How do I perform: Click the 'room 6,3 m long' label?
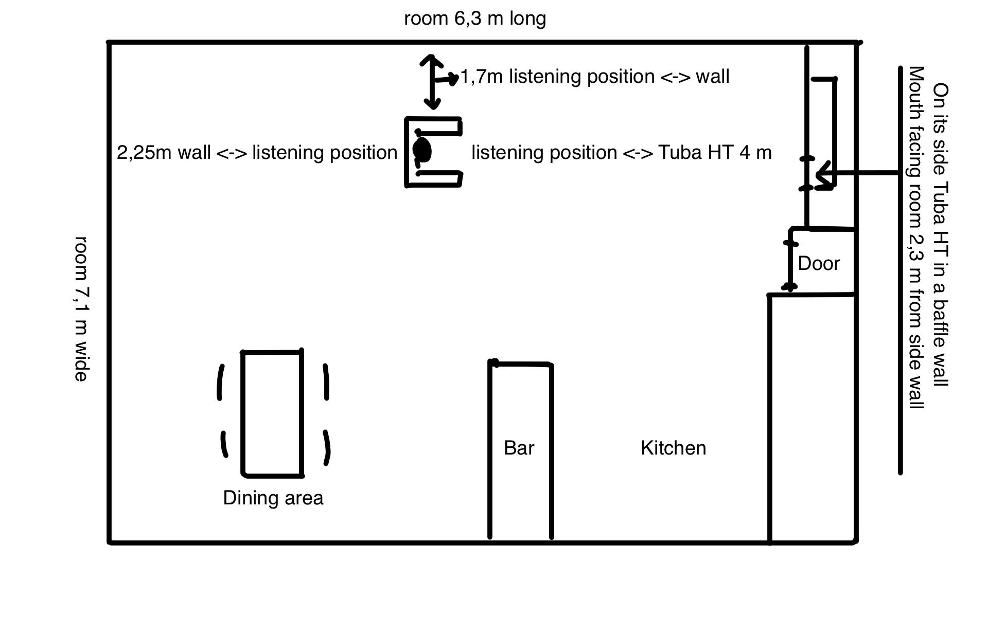tap(474, 19)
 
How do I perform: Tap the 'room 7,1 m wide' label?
tap(82, 308)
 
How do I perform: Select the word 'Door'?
tap(819, 264)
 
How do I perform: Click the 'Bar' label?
tap(519, 448)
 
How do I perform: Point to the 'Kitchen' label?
tap(673, 448)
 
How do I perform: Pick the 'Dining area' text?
tap(273, 498)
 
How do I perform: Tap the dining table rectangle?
tap(272, 413)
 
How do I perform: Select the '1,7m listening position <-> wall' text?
tap(594, 77)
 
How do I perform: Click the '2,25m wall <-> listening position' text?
tap(257, 153)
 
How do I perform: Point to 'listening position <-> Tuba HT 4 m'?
tap(621, 153)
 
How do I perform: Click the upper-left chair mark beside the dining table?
tap(221, 382)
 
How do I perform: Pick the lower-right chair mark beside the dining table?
tap(326, 447)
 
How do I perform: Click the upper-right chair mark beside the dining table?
tap(326, 382)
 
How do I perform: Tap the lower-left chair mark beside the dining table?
tap(224, 444)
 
